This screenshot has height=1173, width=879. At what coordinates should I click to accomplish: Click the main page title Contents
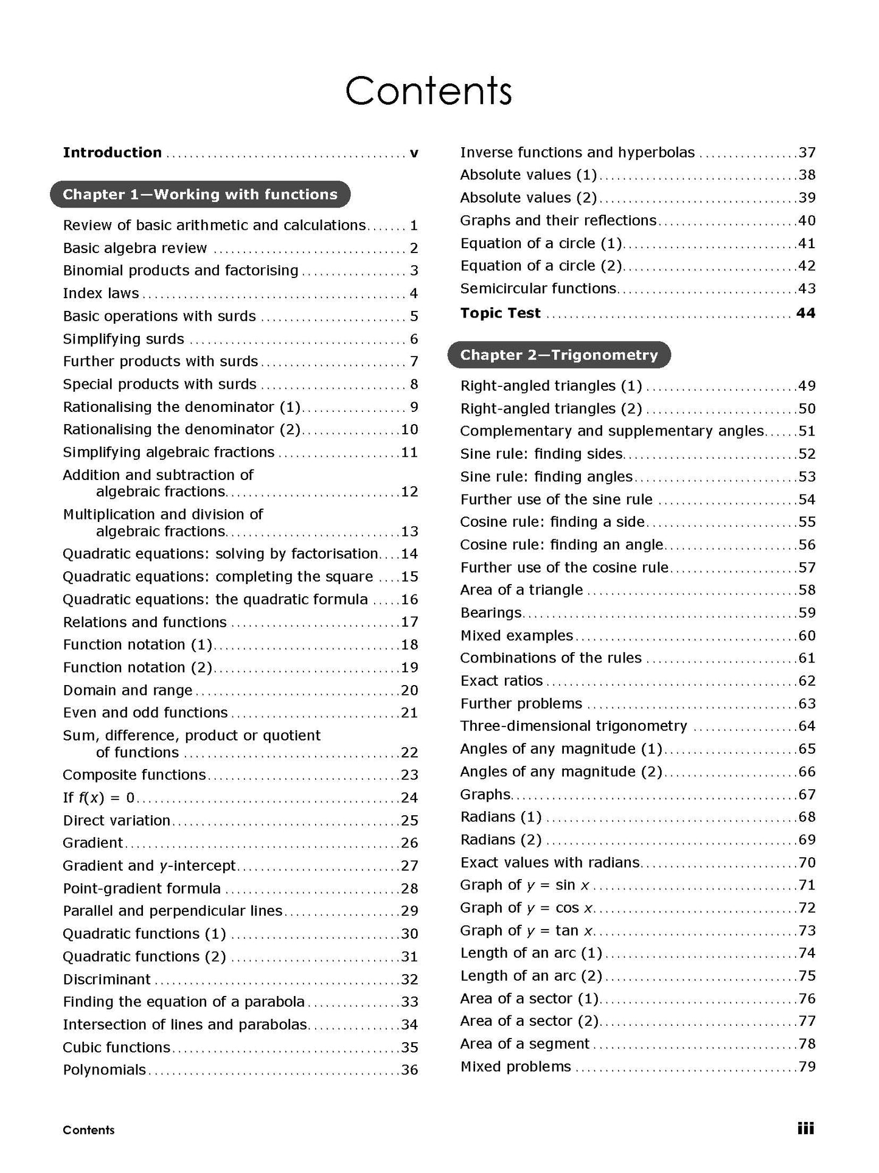428,91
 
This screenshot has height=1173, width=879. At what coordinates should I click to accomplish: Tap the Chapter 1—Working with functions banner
200,194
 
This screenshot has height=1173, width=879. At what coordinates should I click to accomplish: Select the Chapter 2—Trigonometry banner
558,355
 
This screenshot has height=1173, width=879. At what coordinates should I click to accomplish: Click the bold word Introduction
113,153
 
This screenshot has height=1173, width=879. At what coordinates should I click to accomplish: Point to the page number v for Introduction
414,153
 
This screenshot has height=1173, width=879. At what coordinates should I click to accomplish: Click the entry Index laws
101,293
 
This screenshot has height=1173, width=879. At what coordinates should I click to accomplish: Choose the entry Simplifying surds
123,339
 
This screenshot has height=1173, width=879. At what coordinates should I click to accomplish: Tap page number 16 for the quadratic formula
409,600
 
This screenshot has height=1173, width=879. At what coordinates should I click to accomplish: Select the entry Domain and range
128,690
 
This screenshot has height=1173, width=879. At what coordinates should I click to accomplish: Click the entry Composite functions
134,774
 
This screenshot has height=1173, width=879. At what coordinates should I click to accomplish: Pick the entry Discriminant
106,979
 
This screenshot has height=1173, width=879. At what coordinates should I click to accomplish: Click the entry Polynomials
105,1070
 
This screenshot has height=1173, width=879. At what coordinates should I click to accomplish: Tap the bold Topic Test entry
500,313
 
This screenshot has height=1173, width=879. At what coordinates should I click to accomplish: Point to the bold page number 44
805,313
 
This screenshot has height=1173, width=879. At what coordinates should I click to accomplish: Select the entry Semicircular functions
538,288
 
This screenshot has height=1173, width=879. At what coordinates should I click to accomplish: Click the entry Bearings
491,613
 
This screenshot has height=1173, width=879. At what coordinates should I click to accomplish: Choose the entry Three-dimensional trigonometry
574,726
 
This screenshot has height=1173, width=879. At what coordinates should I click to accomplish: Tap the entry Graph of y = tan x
527,930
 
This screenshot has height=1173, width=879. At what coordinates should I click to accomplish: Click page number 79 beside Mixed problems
807,1067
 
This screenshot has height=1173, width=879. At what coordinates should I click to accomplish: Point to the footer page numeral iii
805,1129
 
